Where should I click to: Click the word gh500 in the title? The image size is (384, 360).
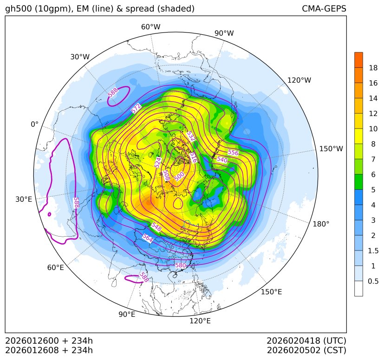17,9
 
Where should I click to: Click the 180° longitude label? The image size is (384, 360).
321,224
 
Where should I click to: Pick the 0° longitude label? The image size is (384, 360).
34,124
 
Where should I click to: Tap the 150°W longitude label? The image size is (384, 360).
331,149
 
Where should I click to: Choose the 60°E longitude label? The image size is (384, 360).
55,268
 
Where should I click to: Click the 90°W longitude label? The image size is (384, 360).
224,33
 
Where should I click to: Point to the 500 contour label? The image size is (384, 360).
179,176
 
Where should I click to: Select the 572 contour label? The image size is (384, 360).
136,109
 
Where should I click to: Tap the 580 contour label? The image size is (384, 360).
180,265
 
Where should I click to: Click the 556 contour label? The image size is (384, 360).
233,153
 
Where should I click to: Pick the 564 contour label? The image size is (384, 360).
148,238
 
